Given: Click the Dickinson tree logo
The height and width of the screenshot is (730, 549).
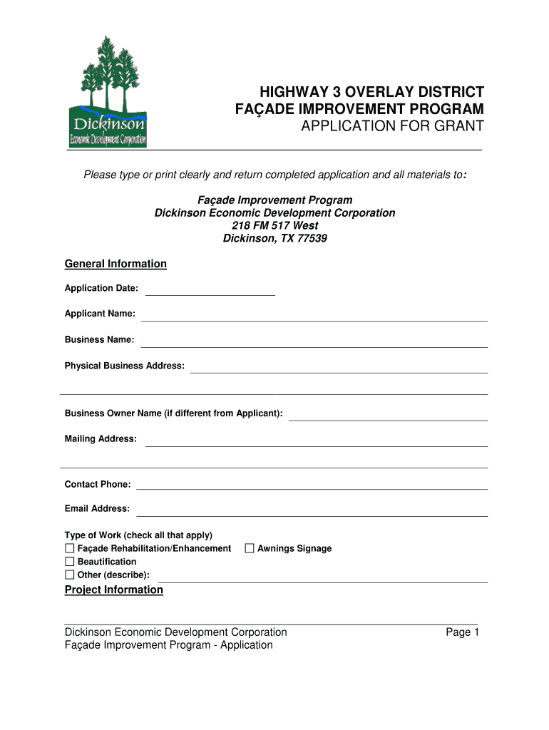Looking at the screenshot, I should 108,91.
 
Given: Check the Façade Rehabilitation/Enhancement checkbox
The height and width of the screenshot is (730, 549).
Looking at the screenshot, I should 70,548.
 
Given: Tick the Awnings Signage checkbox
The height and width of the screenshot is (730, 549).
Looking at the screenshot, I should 250,548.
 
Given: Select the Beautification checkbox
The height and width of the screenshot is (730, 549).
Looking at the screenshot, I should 70,562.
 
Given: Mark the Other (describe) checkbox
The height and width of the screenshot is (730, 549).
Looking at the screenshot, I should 70,575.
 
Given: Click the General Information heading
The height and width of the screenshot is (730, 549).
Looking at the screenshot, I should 116,264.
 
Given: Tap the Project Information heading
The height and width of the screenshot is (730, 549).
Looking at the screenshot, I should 114,590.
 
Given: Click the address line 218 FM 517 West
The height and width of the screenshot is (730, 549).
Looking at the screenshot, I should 275,225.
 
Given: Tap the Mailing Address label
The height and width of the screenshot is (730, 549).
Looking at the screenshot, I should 101,438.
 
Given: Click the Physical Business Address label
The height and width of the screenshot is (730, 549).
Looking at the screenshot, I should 125,366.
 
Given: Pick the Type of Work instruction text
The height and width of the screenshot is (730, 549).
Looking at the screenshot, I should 138,535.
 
